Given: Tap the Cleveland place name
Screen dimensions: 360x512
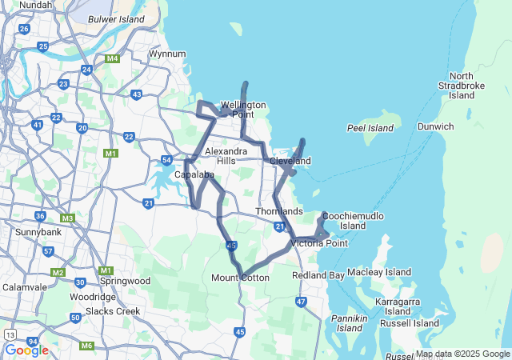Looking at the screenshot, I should (x=290, y=161).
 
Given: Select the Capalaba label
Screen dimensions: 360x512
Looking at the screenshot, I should (x=194, y=174).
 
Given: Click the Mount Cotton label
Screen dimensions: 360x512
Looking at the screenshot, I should (x=240, y=278).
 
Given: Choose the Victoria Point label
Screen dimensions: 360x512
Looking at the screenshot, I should (x=318, y=242).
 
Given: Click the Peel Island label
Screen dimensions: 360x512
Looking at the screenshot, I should (x=370, y=128).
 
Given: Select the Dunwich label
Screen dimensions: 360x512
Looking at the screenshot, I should (x=436, y=126).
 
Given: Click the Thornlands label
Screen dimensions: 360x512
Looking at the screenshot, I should (x=279, y=211).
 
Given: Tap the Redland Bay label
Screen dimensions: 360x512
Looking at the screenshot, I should (x=318, y=275).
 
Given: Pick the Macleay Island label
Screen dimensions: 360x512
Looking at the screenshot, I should (x=379, y=272).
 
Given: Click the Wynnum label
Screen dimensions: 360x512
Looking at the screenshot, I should (x=167, y=54).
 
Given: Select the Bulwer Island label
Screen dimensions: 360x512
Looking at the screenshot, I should (x=116, y=18).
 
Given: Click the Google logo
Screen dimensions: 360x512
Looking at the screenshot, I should (x=26, y=350).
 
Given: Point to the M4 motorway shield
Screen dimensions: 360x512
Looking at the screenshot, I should (x=112, y=58).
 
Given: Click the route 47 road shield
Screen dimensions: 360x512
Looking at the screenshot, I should (x=301, y=302).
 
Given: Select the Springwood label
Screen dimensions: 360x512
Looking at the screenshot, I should (x=125, y=281).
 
